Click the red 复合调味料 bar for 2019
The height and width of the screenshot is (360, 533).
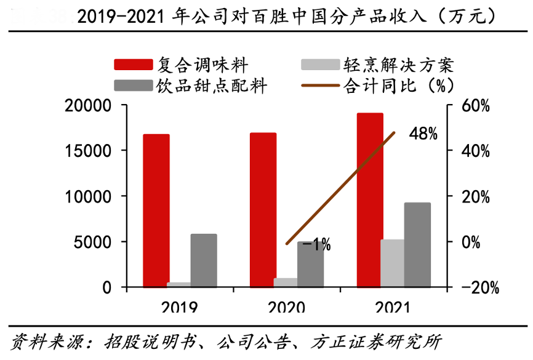(x=156, y=210)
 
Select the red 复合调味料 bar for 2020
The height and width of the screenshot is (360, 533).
(x=263, y=210)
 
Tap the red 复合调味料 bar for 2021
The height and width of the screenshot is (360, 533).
(x=370, y=200)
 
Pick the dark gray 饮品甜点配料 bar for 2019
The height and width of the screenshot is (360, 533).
(x=204, y=260)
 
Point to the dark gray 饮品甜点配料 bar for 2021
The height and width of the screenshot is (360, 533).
(x=417, y=245)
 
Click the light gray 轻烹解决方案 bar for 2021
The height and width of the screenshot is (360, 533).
(x=393, y=263)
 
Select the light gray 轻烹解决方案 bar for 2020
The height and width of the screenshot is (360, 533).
(x=286, y=282)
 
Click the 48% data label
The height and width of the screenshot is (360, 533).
(x=423, y=134)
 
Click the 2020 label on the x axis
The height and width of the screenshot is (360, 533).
(x=286, y=305)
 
